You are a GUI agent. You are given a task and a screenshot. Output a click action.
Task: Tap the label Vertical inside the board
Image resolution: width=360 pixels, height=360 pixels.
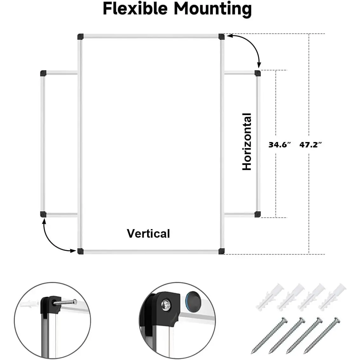pyautogui.click(x=148, y=234)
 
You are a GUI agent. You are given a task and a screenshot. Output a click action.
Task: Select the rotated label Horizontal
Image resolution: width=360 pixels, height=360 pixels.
pyautogui.click(x=247, y=142)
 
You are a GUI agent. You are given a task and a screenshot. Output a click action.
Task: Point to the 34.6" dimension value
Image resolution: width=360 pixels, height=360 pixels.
pyautogui.click(x=280, y=145)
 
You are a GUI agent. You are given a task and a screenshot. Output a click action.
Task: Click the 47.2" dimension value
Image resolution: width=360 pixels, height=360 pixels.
pyautogui.click(x=311, y=145)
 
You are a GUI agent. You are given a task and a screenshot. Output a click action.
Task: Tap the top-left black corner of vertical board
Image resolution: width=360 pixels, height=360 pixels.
pyautogui.click(x=80, y=37)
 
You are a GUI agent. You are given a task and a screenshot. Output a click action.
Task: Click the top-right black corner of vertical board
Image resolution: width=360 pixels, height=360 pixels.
pyautogui.click(x=221, y=37)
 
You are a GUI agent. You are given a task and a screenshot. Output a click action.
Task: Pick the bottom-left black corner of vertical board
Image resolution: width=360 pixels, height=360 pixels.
pyautogui.click(x=80, y=251)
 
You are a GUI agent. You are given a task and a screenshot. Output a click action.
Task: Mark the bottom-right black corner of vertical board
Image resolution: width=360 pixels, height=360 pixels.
pyautogui.click(x=221, y=251)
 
